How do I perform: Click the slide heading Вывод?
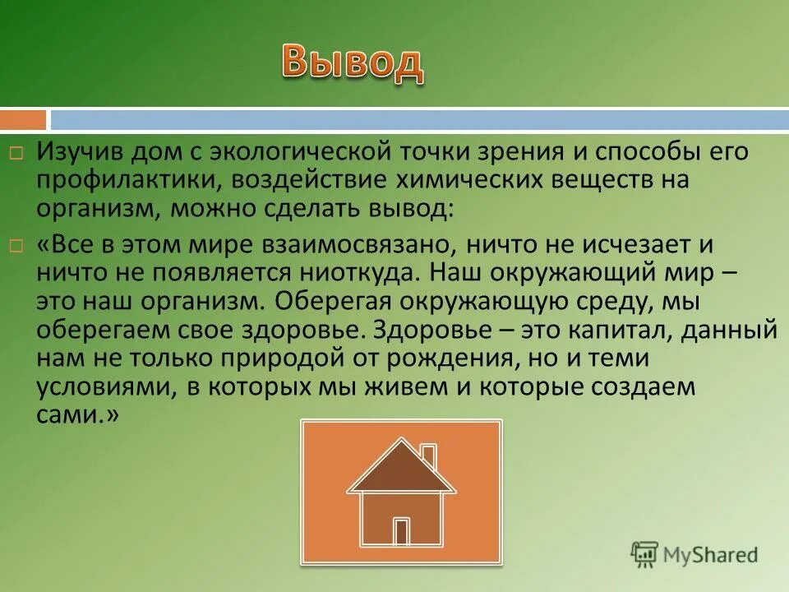click(353, 62)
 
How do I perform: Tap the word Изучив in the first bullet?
click(72, 153)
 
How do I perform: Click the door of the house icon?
click(401, 531)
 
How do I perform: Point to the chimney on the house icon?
click(428, 454)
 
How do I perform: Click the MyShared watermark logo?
click(694, 554)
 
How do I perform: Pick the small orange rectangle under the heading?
click(23, 120)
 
